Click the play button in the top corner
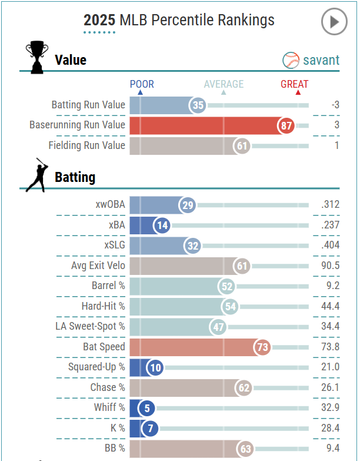pyautogui.click(x=335, y=22)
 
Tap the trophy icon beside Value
pyautogui.click(x=36, y=57)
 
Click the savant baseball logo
pyautogui.click(x=291, y=59)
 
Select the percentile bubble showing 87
pyautogui.click(x=286, y=125)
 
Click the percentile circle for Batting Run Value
pyautogui.click(x=198, y=105)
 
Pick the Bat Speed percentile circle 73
pyautogui.click(x=262, y=347)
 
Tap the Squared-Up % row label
pyautogui.click(x=96, y=367)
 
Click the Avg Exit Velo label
pyautogui.click(x=98, y=266)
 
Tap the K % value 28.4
pyautogui.click(x=331, y=428)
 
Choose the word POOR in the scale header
pyautogui.click(x=142, y=84)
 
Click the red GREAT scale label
pyautogui.click(x=294, y=84)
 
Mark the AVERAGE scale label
pyautogui.click(x=224, y=84)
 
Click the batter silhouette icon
pyautogui.click(x=37, y=175)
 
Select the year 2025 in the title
pyautogui.click(x=99, y=20)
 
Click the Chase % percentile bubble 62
pyautogui.click(x=244, y=387)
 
